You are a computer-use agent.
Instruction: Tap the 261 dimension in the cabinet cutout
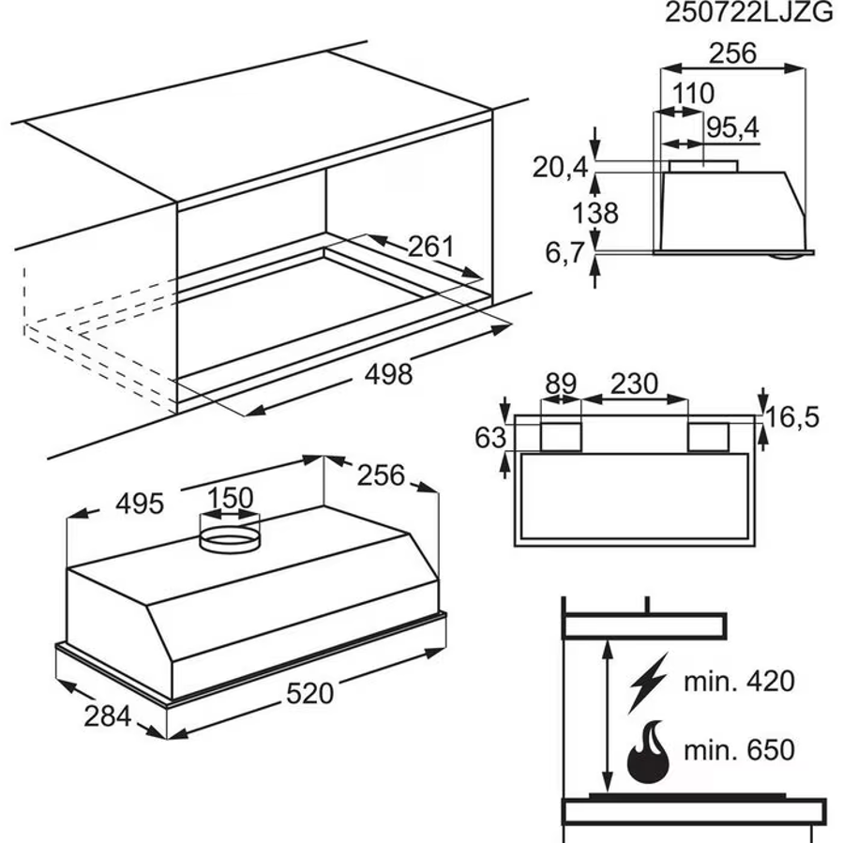click(x=430, y=248)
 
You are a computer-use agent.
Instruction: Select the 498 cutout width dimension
click(x=387, y=374)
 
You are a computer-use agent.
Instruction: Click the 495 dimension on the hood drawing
click(x=140, y=504)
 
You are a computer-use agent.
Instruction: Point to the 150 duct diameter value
click(x=230, y=498)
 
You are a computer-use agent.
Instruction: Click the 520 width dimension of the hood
click(x=309, y=694)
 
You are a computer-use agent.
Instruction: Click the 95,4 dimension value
click(x=732, y=128)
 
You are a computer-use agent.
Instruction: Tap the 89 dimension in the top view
click(x=561, y=384)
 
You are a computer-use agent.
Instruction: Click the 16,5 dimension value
click(x=791, y=416)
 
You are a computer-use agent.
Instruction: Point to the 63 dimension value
click(x=491, y=437)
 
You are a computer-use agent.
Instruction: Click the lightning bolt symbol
click(x=649, y=682)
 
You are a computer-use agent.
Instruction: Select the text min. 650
click(x=738, y=750)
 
